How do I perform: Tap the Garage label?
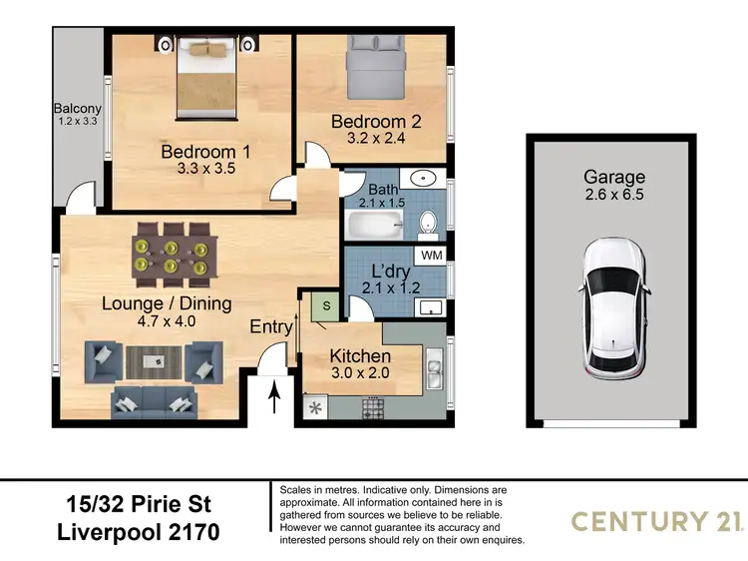coord(613,177)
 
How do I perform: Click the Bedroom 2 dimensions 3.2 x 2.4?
coord(376,139)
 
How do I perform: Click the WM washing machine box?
coord(432,257)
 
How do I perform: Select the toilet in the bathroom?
coord(427,222)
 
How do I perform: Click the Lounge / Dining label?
coord(167,303)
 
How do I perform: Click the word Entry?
coord(271,327)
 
